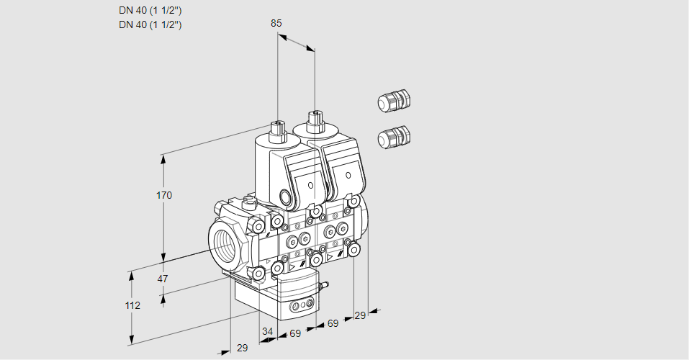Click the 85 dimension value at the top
(x=276, y=23)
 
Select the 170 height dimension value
(x=164, y=195)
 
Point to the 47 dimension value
(x=163, y=279)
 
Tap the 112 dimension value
(x=132, y=305)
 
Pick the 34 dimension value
(x=267, y=331)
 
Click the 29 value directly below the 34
(x=242, y=348)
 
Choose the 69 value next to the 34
(x=295, y=333)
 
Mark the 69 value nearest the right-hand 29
(x=333, y=324)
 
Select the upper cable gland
(x=394, y=101)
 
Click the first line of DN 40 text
(x=150, y=10)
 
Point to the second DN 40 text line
(x=150, y=24)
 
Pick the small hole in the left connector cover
(x=310, y=185)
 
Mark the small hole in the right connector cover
(x=347, y=175)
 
